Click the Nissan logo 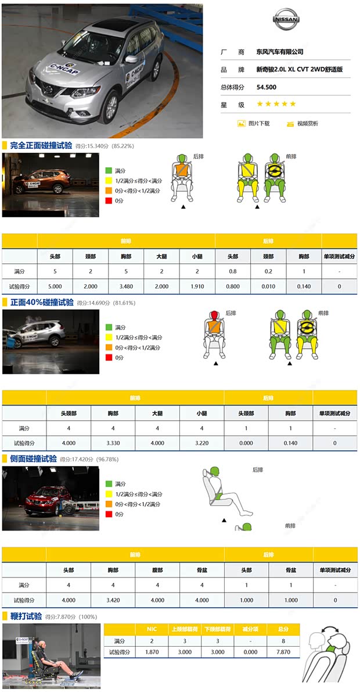pos(286,20)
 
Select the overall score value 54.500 pos(267,87)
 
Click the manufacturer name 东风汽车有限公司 pos(280,52)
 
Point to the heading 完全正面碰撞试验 pos(41,145)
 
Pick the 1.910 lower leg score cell pos(197,286)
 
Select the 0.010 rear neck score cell pos(268,286)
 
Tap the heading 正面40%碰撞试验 pos(42,302)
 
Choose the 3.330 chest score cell pos(113,443)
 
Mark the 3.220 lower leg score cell pos(201,443)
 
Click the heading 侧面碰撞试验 pos(34,458)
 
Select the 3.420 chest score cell pos(113,600)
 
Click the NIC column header pos(151,629)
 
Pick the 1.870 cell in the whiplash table pos(151,652)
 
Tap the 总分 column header pos(283,629)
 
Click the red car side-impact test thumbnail pos(42,499)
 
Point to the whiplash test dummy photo pos(51,656)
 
